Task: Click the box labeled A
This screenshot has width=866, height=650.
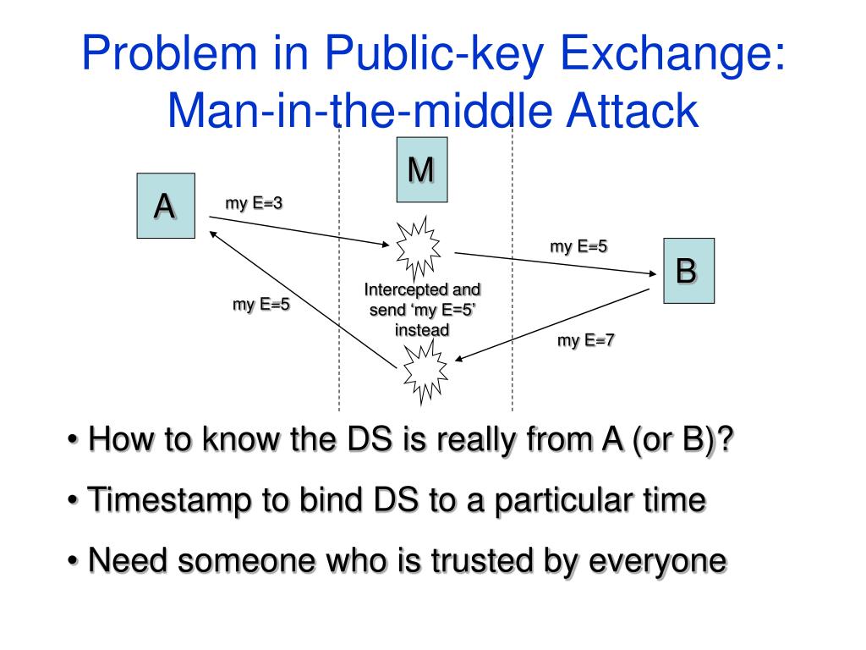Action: (x=166, y=205)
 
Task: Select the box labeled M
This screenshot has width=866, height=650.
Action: (x=420, y=172)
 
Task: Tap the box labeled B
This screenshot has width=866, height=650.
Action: (x=688, y=271)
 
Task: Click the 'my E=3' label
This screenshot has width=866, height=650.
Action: (x=254, y=203)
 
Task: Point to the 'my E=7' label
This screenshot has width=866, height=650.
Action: (x=586, y=341)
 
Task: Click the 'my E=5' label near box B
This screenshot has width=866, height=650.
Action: (x=579, y=247)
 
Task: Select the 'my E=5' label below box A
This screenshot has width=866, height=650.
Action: (x=261, y=305)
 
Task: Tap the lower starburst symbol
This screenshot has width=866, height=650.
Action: (x=421, y=370)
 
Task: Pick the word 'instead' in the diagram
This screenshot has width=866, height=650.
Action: (x=422, y=329)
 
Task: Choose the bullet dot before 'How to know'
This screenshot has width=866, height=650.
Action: (x=74, y=441)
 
